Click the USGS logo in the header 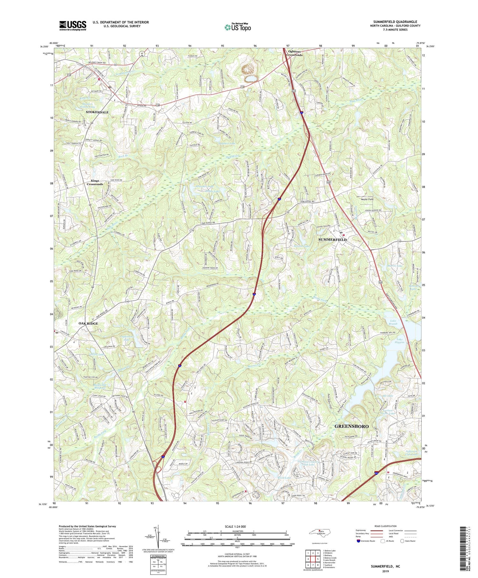point(73,26)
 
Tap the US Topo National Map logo point(237,27)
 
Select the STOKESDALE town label point(97,112)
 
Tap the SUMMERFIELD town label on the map point(332,239)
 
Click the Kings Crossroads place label point(95,182)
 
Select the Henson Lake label point(301,246)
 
